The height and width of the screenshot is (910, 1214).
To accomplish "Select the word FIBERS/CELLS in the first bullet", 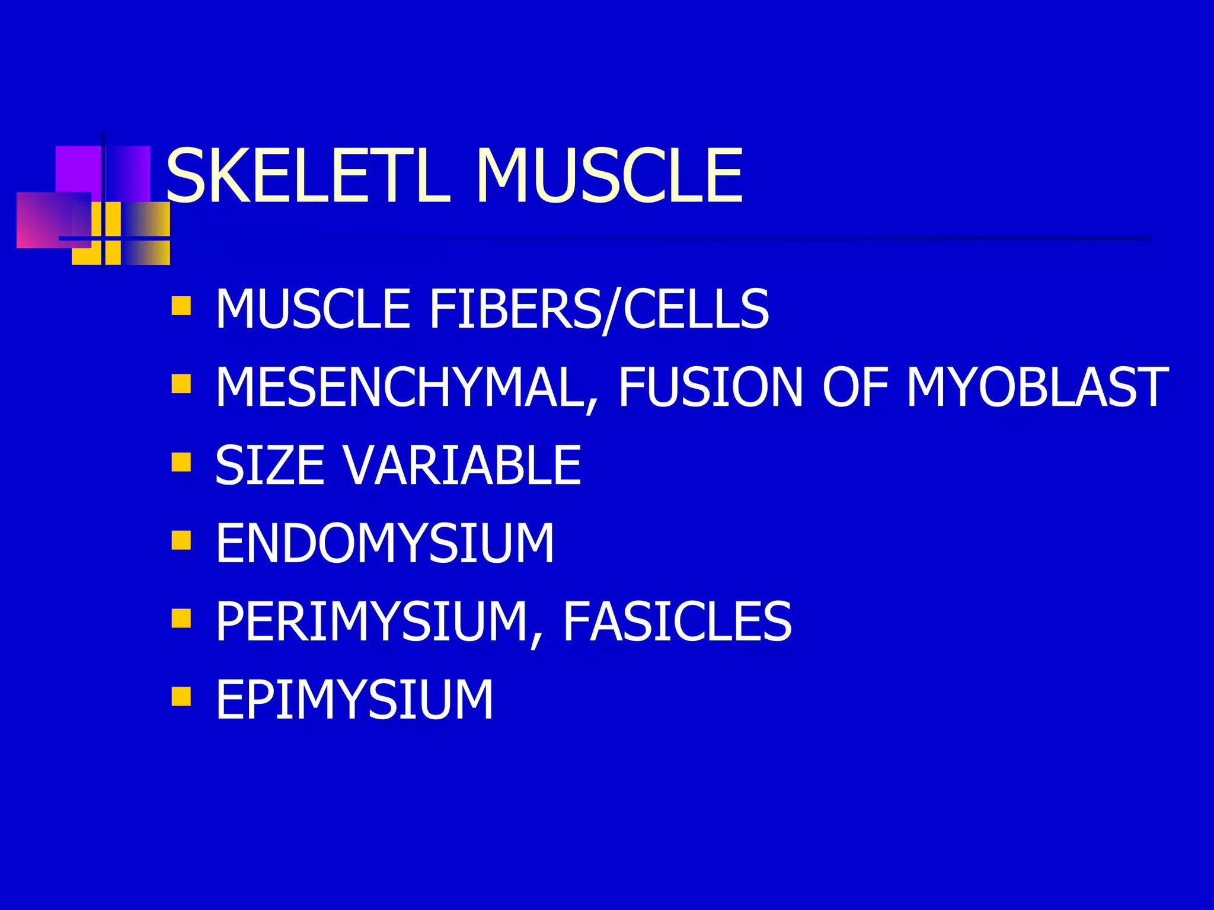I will click(x=599, y=309).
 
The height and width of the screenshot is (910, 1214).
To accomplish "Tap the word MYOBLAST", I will click(x=1037, y=387).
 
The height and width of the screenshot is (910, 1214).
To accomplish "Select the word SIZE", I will click(x=270, y=466).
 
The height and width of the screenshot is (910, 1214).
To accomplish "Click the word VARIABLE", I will click(x=462, y=466).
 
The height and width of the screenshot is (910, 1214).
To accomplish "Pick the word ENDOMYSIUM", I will click(x=384, y=543).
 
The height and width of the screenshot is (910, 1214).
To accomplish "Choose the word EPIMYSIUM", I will click(x=354, y=700).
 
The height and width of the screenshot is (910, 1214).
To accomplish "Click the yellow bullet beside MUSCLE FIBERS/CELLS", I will click(x=181, y=306).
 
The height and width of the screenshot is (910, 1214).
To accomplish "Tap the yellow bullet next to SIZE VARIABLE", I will click(x=181, y=462).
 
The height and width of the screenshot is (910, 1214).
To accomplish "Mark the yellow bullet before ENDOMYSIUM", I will click(x=181, y=540).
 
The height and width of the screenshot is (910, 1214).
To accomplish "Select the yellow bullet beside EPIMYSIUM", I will click(x=181, y=696).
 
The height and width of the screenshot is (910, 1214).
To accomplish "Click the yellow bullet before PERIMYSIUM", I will click(x=181, y=618).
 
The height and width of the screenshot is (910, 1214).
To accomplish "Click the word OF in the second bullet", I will click(x=854, y=387).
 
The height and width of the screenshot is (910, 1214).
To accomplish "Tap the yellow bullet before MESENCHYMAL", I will click(x=181, y=383).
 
